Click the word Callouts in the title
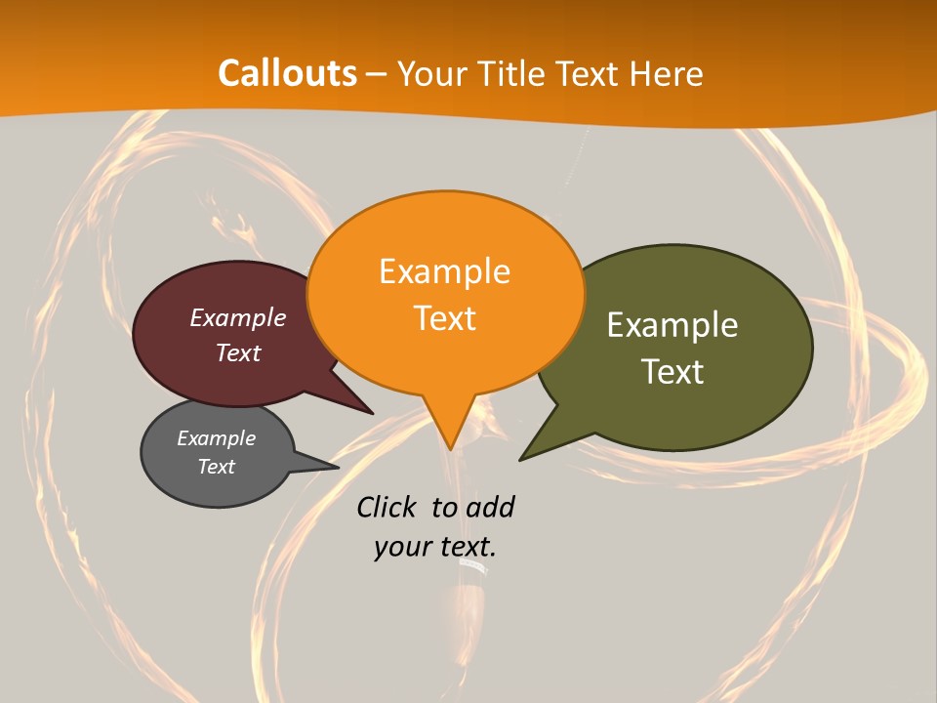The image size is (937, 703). [x=288, y=73]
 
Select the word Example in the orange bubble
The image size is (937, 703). [x=444, y=271]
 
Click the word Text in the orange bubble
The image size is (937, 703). [x=444, y=318]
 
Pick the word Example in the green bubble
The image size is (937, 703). [x=672, y=325]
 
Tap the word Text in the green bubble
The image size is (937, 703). [x=672, y=372]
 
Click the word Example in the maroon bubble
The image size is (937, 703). [x=238, y=317]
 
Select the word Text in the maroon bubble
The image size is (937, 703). [x=238, y=352]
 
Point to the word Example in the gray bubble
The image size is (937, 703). [x=217, y=438]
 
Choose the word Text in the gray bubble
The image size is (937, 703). [x=217, y=467]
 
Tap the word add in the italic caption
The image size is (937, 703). [x=490, y=508]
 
